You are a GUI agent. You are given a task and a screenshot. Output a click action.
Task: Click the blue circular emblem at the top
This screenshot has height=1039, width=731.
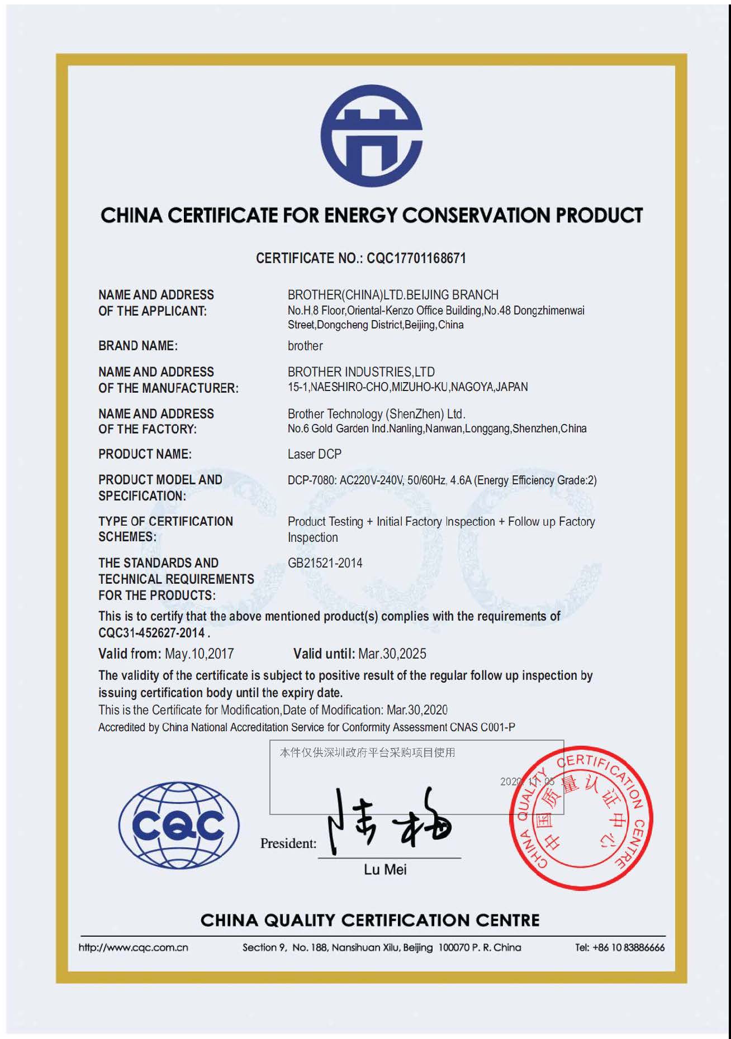(x=372, y=136)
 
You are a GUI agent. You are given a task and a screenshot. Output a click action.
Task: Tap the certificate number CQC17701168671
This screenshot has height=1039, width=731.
(x=416, y=258)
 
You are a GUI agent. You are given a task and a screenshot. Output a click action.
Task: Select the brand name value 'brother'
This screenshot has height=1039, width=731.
(x=305, y=346)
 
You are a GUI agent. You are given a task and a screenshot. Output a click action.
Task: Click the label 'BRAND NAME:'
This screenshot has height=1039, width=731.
(x=138, y=346)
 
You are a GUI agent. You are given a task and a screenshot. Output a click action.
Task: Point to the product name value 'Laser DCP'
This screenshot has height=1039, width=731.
(x=315, y=454)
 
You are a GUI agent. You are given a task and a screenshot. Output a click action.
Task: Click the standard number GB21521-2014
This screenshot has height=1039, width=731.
(x=325, y=563)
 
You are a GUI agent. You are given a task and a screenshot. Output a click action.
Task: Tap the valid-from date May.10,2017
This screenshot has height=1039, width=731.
(x=199, y=654)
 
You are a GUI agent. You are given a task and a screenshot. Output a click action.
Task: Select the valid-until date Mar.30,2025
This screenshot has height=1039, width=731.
(x=392, y=654)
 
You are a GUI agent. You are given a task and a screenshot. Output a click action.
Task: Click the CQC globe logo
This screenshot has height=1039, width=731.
(x=179, y=825)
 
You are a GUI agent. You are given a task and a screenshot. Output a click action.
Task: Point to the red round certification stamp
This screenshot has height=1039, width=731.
(x=581, y=818)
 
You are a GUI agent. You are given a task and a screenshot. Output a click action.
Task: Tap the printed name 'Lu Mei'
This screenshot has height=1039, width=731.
(x=385, y=870)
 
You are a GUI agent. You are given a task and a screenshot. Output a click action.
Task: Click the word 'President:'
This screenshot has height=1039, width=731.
(x=288, y=843)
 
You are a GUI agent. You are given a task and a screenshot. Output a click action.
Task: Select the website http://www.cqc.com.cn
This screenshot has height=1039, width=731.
(x=134, y=947)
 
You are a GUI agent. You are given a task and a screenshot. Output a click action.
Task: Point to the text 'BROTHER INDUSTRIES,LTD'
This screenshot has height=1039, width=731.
(x=361, y=372)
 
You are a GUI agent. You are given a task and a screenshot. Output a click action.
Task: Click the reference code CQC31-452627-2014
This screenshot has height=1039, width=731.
(x=151, y=633)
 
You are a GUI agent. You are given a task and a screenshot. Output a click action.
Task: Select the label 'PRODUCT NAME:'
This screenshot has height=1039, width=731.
(x=145, y=454)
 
